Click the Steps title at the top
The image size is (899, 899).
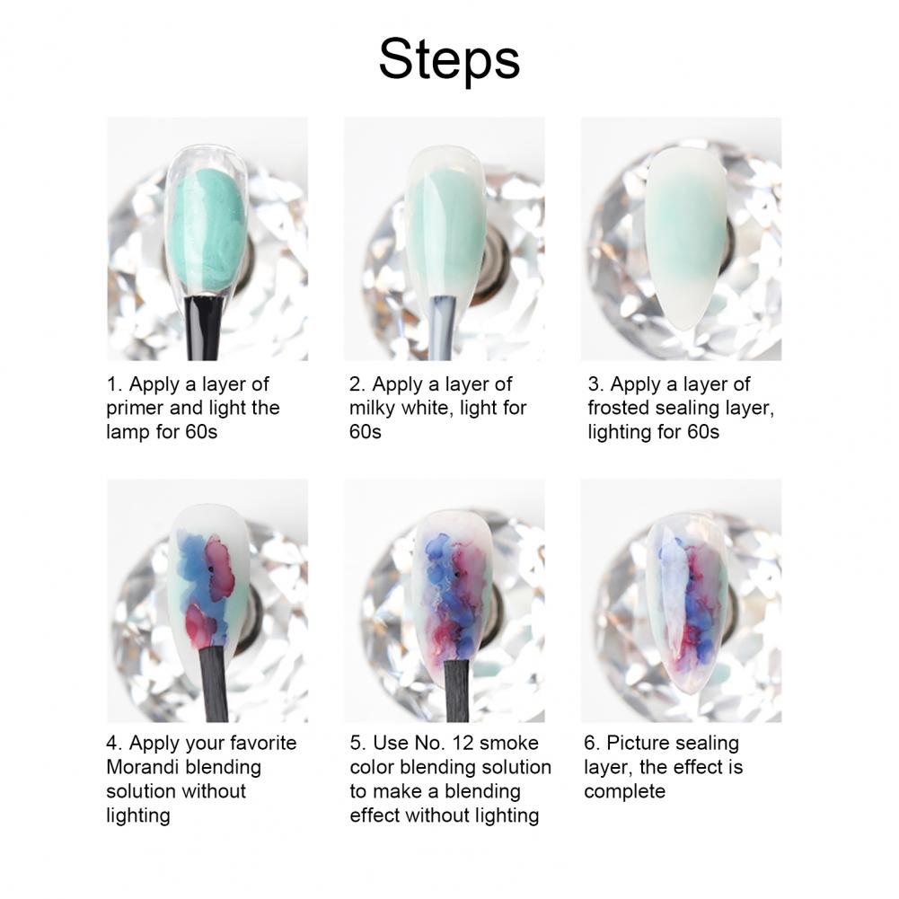coord(449,60)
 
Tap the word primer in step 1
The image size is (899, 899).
coord(135,409)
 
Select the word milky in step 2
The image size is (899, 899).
coord(373,408)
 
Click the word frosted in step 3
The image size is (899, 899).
coord(619,408)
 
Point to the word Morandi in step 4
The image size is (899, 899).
coord(143,767)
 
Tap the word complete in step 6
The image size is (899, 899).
coord(625,792)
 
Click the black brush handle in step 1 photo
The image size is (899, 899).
coord(204,328)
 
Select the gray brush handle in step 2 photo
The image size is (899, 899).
coord(444,328)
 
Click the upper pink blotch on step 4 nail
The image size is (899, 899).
coord(220,568)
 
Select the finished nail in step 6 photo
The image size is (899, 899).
coord(687,602)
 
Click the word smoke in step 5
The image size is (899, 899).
coord(509,743)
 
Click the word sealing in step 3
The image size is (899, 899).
coord(687,409)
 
